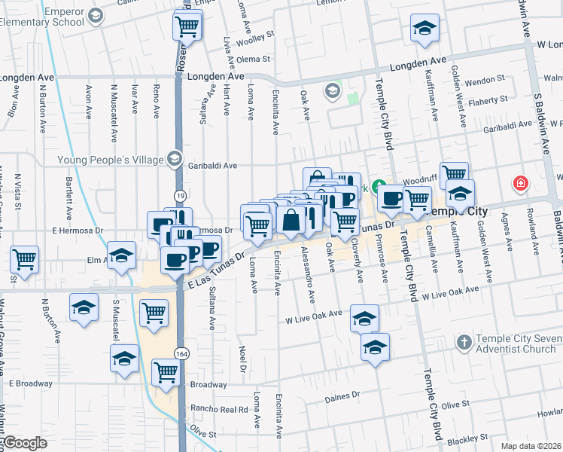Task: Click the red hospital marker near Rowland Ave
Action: point(519,183)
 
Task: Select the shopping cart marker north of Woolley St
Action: point(187,27)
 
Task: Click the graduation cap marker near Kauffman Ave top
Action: point(425,29)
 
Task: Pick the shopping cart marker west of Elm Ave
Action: point(25,260)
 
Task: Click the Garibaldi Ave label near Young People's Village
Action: point(213,166)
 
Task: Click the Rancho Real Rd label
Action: point(220,410)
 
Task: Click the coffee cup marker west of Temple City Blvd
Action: point(391,199)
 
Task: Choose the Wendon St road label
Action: point(485,79)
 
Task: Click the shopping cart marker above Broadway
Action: point(166,371)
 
